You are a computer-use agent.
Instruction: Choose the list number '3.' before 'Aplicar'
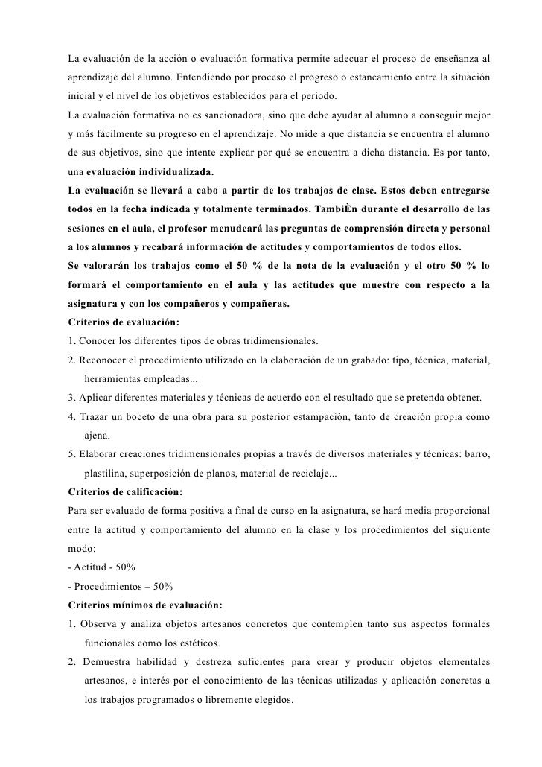71,398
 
